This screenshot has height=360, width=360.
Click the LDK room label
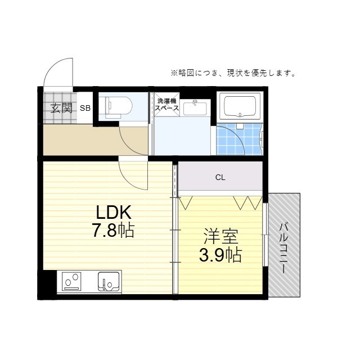click(x=114, y=212)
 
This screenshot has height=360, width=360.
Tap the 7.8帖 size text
click(x=114, y=230)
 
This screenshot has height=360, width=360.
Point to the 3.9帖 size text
click(x=220, y=255)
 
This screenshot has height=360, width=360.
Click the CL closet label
click(x=220, y=178)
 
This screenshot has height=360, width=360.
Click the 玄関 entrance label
click(x=62, y=107)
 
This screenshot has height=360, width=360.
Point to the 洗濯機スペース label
click(x=168, y=105)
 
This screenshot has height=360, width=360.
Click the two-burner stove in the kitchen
click(x=73, y=280)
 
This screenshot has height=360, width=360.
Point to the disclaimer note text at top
click(x=233, y=73)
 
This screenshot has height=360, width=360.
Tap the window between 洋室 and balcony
click(x=265, y=231)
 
